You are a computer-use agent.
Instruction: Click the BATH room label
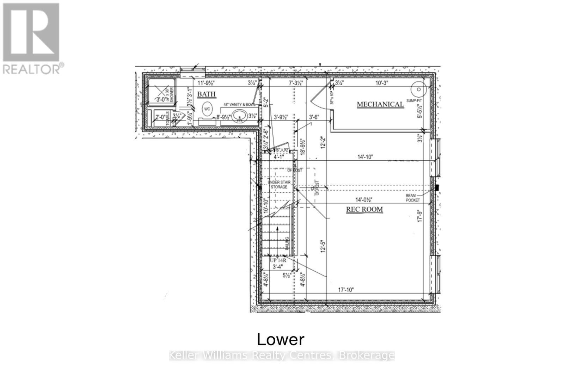point(206,94)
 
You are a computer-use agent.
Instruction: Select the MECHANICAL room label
point(380,104)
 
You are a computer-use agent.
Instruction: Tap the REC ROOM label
point(364,209)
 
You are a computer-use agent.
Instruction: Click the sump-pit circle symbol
point(418,89)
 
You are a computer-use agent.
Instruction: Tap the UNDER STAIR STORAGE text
point(279,185)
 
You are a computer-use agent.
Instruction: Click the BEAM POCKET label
point(413,198)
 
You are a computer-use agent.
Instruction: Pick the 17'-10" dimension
point(346,290)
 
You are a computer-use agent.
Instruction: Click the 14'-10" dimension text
point(365,157)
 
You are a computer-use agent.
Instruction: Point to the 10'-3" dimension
point(381,83)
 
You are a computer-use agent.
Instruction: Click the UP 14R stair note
point(278,260)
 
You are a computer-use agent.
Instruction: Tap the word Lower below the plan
point(281,339)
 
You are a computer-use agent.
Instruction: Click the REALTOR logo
point(32,38)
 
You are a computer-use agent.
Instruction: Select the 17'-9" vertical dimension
point(419,215)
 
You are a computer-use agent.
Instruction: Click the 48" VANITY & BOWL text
point(240,105)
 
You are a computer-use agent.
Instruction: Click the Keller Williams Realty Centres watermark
point(282,355)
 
